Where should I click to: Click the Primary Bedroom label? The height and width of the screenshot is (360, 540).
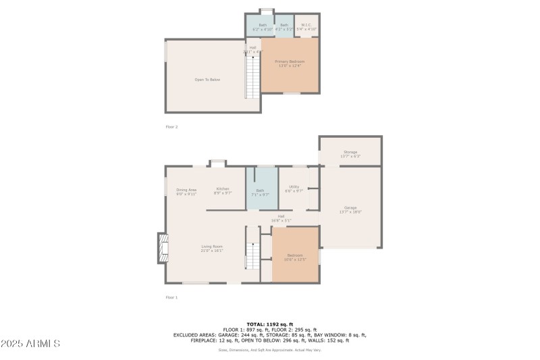point(290,63)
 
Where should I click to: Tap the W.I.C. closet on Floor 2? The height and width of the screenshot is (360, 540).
point(306,26)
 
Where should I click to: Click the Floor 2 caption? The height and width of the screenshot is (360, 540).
point(171,126)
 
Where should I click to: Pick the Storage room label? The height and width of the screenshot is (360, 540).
point(350,154)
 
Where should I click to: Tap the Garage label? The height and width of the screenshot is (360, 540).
point(350,209)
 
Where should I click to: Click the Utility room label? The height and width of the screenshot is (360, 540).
point(294,188)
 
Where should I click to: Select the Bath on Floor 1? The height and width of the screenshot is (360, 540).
point(261,192)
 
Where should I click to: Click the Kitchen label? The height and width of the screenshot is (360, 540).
point(223,190)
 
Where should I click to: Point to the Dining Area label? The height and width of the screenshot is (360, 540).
point(186,192)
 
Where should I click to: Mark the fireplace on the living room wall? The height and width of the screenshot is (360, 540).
point(162,249)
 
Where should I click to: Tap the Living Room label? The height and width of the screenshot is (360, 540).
point(211,248)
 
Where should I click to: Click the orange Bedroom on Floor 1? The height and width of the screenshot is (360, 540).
point(295,257)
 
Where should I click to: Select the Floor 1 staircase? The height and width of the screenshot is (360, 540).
point(252,257)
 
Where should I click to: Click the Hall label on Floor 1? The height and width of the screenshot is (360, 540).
point(280,218)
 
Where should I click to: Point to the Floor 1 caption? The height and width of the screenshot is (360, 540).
point(171,297)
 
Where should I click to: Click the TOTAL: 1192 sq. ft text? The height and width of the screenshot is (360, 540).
point(269,324)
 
